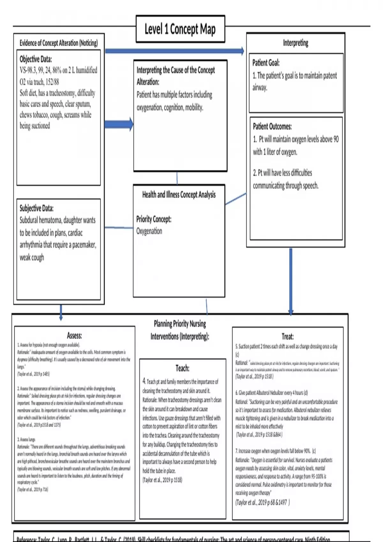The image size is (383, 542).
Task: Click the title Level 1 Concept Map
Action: pyautogui.click(x=180, y=29)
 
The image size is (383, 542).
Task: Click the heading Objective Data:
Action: pyautogui.click(x=36, y=59)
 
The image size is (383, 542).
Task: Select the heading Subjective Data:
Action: pyautogui.click(x=37, y=208)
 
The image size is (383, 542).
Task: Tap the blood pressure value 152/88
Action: pyautogui.click(x=52, y=82)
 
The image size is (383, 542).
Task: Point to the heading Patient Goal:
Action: pyautogui.click(x=266, y=62)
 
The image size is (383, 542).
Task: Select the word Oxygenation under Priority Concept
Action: pyautogui.click(x=149, y=231)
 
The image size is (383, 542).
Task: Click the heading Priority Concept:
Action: pyautogui.click(x=154, y=219)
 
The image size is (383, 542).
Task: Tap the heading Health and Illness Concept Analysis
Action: pyautogui.click(x=179, y=194)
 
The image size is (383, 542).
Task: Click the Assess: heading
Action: pyautogui.click(x=74, y=335)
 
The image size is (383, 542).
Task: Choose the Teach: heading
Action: pyautogui.click(x=182, y=368)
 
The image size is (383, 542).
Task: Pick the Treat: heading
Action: pyautogui.click(x=288, y=336)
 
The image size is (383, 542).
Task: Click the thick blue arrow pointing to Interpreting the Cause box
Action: pyautogui.click(x=119, y=124)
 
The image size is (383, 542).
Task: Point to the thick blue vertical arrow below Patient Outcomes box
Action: pyautogui.click(x=291, y=281)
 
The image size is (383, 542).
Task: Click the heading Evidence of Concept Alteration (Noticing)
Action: pyautogui.click(x=59, y=43)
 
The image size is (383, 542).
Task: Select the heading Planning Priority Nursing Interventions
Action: pyautogui.click(x=180, y=330)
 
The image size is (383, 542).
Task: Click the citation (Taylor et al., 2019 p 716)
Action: pyautogui.click(x=33, y=489)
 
